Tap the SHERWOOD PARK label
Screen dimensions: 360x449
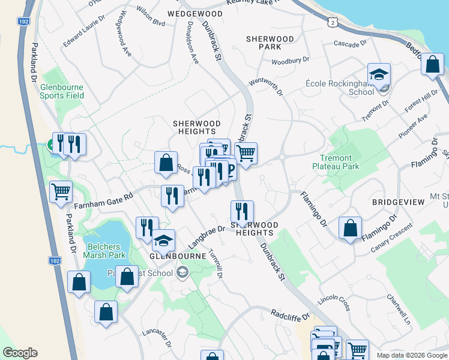tap(270, 43)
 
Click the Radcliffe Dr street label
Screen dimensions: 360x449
tap(289, 314)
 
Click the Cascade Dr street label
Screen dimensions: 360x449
tap(351, 44)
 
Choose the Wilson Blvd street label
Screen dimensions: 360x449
tap(150, 23)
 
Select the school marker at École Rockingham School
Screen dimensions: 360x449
tap(379, 75)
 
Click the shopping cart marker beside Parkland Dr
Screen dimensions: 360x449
tap(61, 192)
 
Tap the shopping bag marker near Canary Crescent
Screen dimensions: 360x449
tap(350, 228)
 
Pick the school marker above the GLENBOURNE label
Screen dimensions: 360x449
tap(163, 241)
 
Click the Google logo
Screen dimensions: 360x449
tap(20, 353)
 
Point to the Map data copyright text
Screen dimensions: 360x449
tap(411, 355)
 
